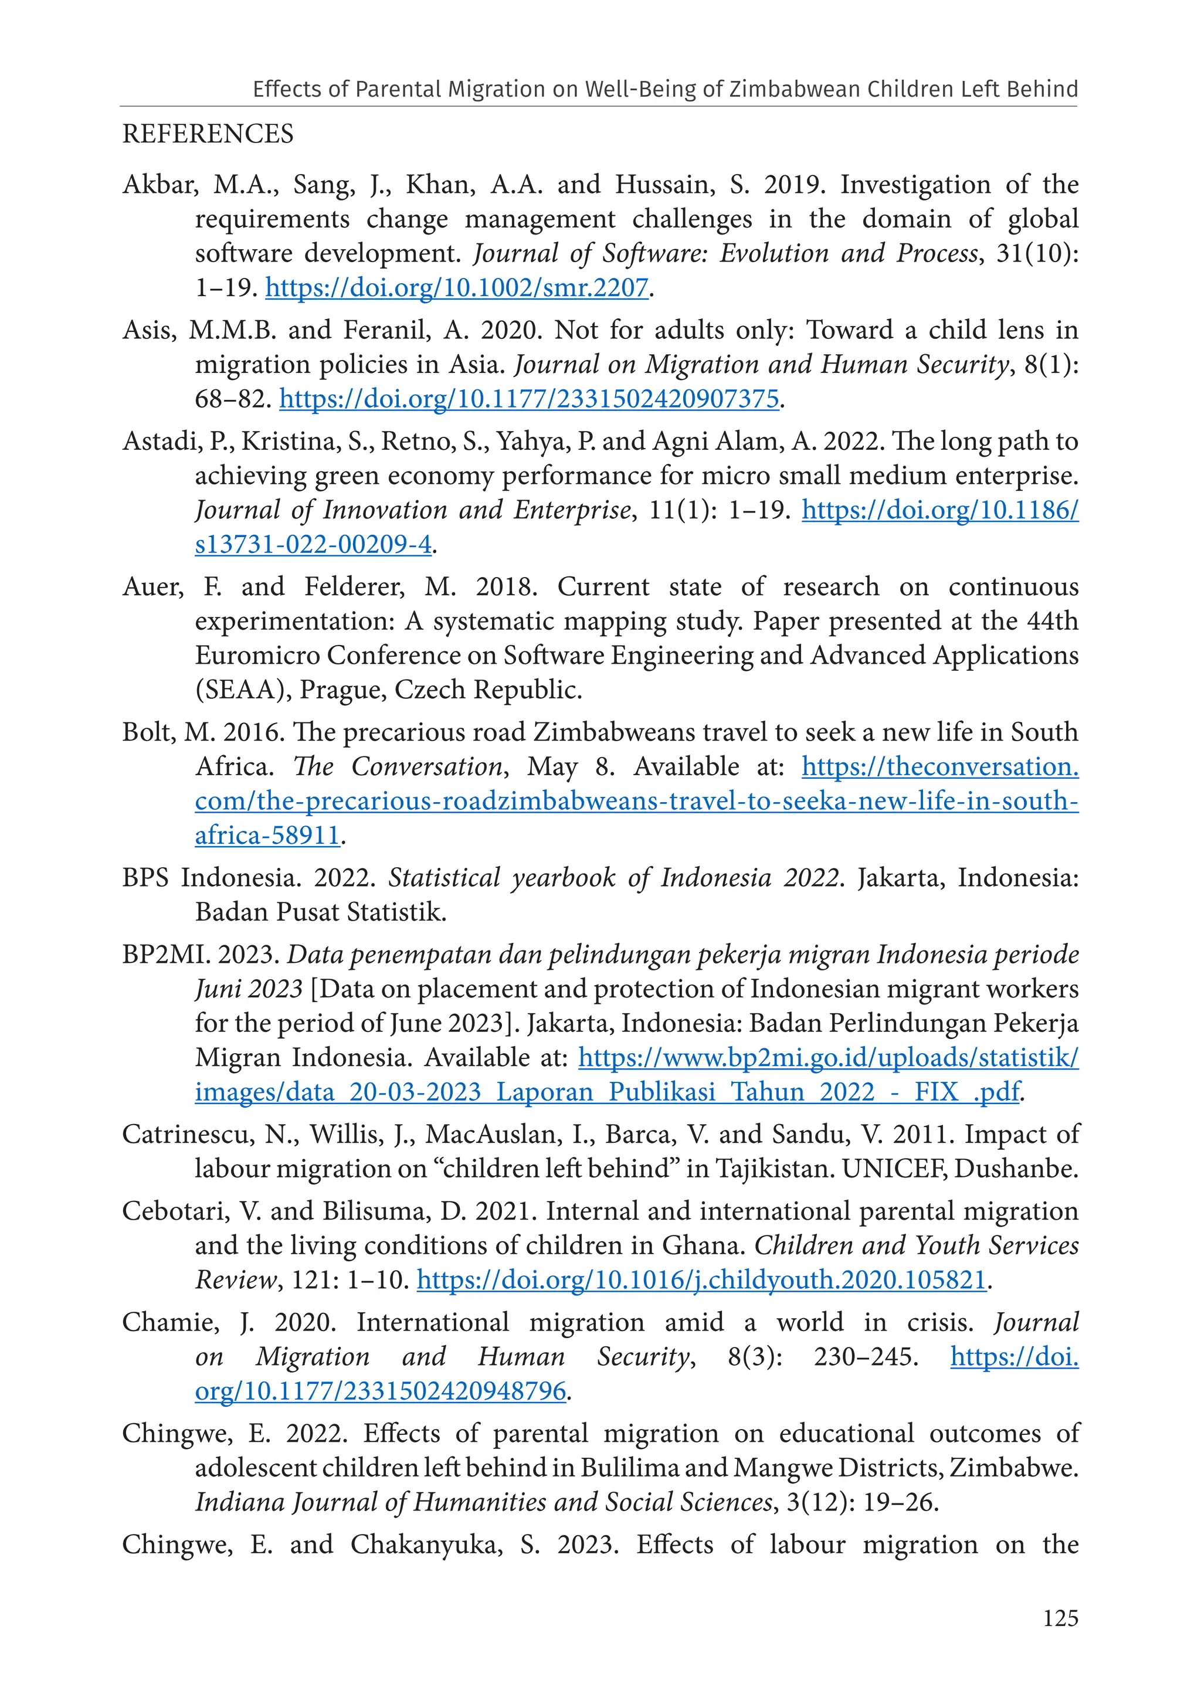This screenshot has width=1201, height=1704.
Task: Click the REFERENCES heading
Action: click(208, 134)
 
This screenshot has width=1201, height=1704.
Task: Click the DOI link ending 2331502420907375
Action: click(529, 399)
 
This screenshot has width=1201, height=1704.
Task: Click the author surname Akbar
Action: click(158, 184)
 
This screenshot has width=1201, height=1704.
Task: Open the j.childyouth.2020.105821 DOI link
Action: click(701, 1280)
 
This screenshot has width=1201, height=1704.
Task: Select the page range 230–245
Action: click(866, 1357)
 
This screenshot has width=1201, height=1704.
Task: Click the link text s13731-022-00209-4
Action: click(313, 545)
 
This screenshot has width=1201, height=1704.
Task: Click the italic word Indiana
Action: click(240, 1503)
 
